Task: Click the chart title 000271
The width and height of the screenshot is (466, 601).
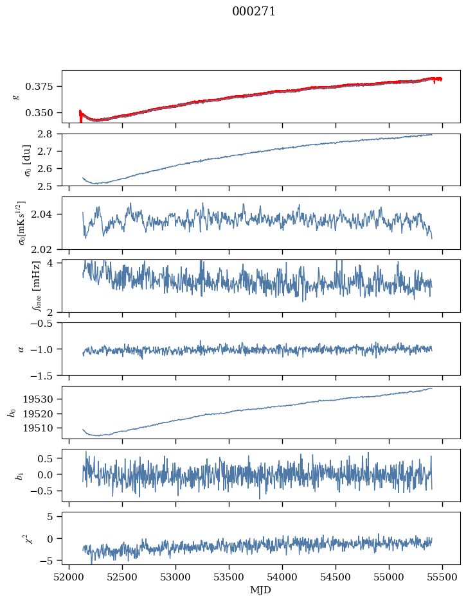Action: point(254,12)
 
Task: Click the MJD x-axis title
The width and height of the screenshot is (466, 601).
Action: point(261,590)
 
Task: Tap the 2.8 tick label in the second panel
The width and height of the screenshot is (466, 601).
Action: point(49,134)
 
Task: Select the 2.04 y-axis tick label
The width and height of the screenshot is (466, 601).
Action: point(47,214)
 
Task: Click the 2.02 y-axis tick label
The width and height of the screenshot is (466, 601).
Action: point(47,249)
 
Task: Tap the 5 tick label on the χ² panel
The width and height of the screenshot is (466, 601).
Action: point(54,516)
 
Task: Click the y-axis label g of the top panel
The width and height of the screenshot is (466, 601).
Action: point(17,96)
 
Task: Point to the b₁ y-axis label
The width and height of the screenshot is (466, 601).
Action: point(12,475)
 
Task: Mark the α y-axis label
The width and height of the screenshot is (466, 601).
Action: point(21,349)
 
